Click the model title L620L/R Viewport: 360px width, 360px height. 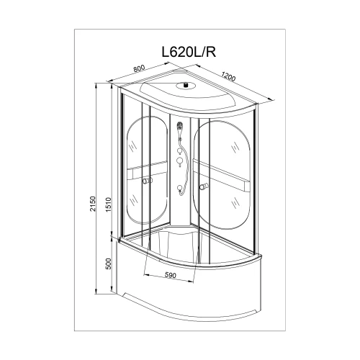coord(189,52)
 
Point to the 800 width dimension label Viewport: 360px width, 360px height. coord(139,68)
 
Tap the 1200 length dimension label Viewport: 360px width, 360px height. coord(229,76)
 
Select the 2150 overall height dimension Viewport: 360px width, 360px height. coord(93,204)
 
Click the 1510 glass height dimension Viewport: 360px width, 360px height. coord(109,204)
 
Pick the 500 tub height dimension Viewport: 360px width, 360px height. coord(109,264)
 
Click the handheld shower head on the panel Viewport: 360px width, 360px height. coord(180,126)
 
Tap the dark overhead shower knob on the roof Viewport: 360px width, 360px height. coord(185,84)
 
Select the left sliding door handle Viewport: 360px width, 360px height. coord(147,181)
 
